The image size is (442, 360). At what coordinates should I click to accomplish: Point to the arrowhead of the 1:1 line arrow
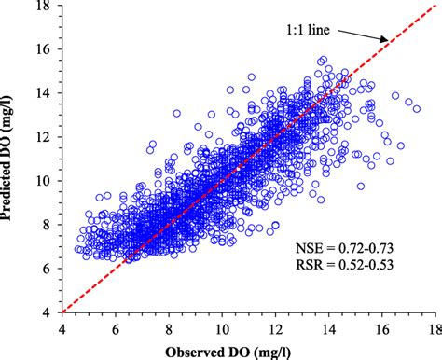click(x=385, y=40)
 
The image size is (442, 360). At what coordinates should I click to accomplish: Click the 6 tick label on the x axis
click(x=115, y=327)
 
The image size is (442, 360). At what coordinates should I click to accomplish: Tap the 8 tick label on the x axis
click(x=169, y=327)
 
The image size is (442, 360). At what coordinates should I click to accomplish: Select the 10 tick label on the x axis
click(x=222, y=327)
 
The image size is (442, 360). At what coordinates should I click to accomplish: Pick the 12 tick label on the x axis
click(x=276, y=327)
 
